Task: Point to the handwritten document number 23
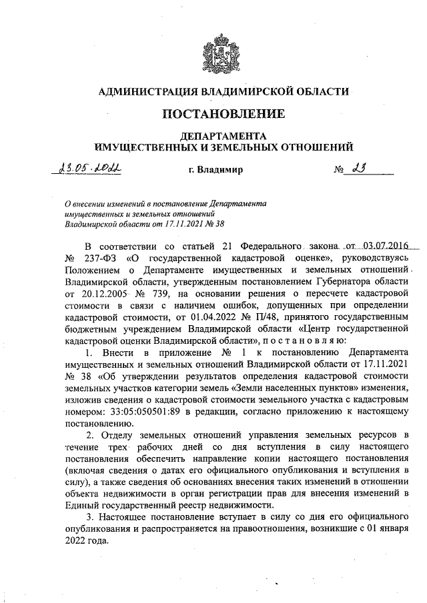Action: (x=361, y=169)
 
